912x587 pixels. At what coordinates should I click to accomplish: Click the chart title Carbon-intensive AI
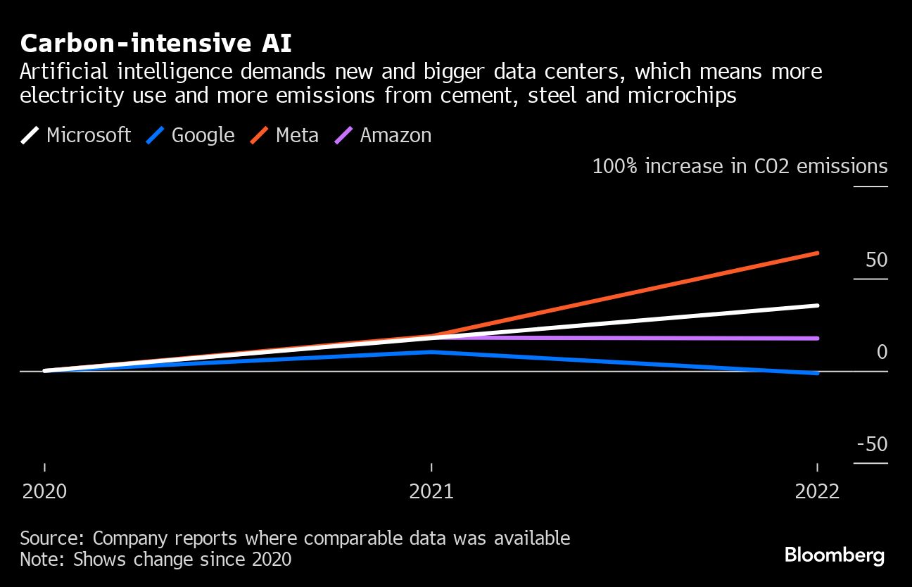pos(156,44)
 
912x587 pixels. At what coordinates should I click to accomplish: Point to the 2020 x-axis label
pos(45,491)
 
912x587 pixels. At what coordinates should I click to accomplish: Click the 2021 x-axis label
pos(431,491)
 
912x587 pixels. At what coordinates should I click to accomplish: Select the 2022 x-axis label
pos(817,491)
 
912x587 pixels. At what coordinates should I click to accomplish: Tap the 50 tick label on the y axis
pos(876,260)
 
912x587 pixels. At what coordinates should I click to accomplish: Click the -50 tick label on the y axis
pos(873,444)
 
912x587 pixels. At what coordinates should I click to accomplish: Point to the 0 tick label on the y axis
pos(882,352)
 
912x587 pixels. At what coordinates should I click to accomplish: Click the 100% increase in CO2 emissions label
pos(740,166)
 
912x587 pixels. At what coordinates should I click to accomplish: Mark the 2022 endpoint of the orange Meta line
pos(817,253)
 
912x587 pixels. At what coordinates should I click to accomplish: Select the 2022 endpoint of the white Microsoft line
pos(817,305)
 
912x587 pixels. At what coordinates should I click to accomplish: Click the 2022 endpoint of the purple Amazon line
pos(817,339)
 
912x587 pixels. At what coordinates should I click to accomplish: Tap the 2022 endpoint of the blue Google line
pos(817,373)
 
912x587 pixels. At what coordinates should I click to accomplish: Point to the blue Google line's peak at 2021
pos(431,351)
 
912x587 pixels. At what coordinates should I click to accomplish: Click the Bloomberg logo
pos(834,555)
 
